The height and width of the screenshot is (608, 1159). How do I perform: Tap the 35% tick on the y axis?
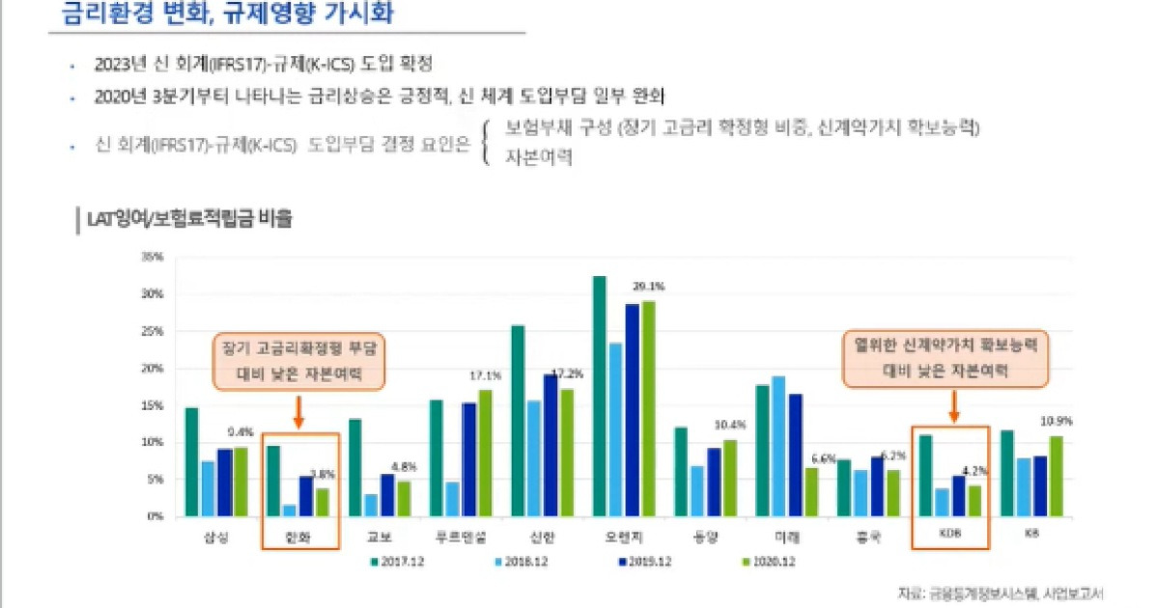pos(152,258)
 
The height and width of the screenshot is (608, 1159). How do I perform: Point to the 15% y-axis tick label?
pos(152,405)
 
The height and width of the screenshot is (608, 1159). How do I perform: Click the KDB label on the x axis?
pos(951,533)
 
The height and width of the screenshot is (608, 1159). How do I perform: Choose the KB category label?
pos(1032,533)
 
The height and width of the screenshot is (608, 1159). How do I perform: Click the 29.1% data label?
pos(648,287)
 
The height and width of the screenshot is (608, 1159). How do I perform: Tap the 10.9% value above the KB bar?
pos(1056,422)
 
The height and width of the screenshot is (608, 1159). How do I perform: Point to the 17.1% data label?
pos(485,375)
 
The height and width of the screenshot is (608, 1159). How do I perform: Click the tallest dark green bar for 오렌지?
pos(599,396)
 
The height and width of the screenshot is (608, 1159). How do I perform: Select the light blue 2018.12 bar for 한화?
pos(289,510)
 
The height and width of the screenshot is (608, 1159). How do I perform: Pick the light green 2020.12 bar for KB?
pos(1057,476)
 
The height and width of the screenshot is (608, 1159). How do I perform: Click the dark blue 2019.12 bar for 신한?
pos(551,445)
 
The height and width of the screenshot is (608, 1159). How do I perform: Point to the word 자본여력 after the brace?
pos(538,157)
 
